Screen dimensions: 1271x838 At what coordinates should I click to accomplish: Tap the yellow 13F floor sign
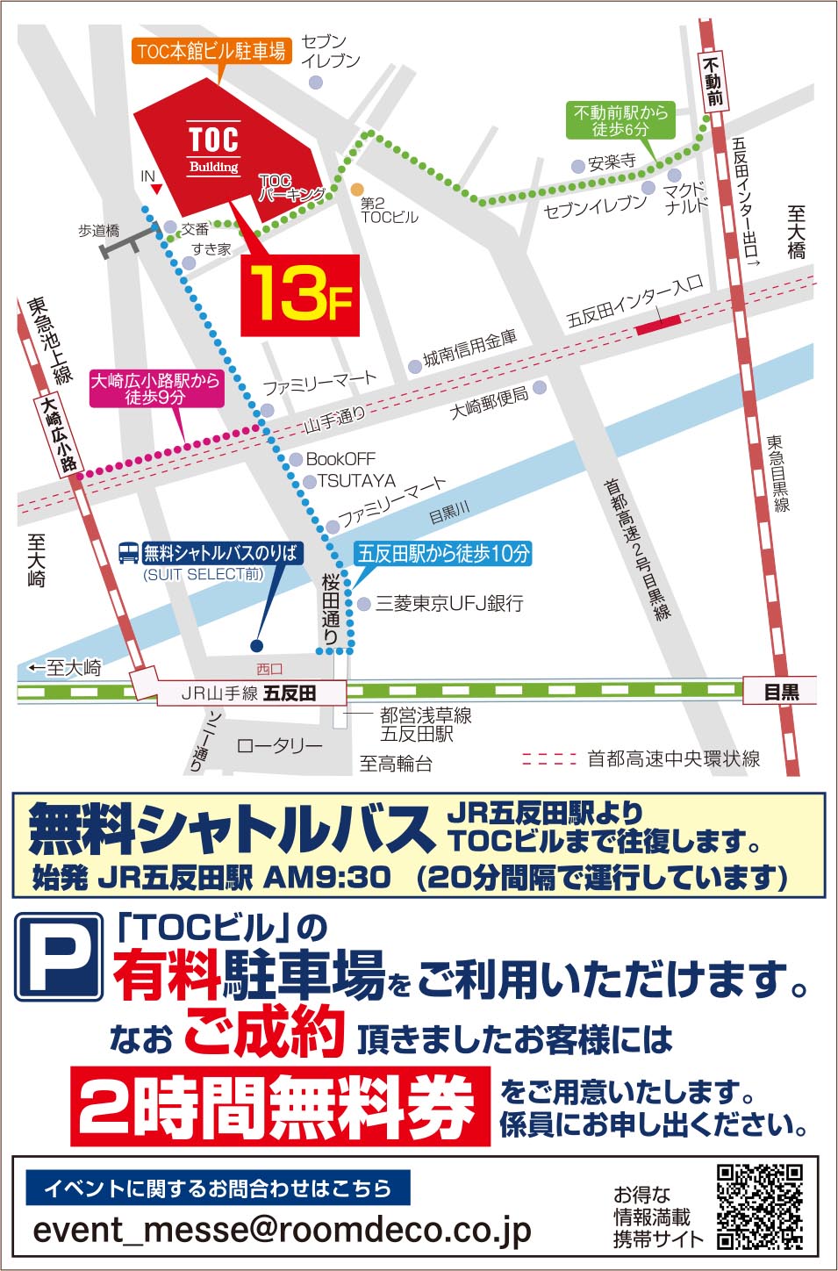300,294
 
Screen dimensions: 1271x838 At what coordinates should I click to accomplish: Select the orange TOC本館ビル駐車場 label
211,51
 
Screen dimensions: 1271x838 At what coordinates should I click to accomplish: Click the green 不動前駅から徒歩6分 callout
620,120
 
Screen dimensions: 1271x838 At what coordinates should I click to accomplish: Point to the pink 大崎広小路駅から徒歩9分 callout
155,389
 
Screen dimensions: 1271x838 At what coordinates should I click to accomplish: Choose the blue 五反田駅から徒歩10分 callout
443,554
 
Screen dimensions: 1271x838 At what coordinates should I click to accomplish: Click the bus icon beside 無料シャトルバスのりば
129,553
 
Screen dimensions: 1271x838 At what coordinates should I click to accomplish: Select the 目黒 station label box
781,691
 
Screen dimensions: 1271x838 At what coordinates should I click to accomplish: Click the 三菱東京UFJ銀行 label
449,603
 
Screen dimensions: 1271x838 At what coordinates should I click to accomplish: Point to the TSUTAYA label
356,481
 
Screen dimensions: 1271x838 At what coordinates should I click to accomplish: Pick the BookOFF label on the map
340,459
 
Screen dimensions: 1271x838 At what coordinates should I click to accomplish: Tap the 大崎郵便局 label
489,402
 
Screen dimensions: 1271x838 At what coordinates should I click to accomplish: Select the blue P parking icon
59,958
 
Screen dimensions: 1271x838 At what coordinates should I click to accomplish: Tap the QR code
760,1206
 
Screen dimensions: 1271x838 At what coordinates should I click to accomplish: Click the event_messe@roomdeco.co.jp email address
282,1230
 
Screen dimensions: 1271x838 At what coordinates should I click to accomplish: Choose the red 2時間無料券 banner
280,1106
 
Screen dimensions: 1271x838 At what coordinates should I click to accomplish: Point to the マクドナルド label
685,197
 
